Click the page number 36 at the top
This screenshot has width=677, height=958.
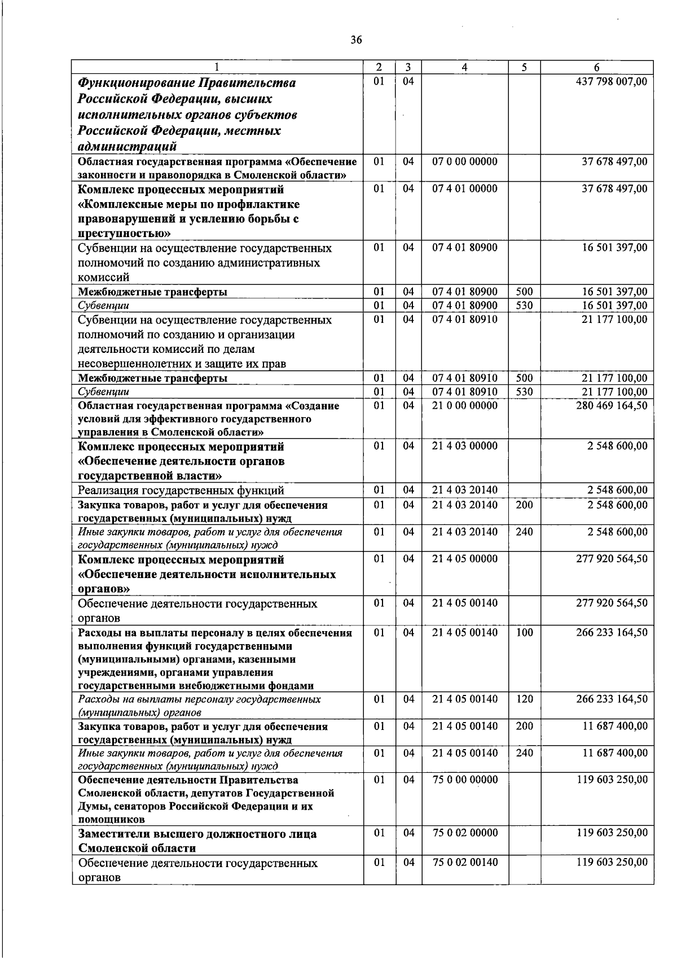pyautogui.click(x=356, y=40)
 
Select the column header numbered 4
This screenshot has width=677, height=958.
pyautogui.click(x=464, y=67)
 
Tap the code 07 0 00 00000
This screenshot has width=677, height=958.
pyautogui.click(x=464, y=161)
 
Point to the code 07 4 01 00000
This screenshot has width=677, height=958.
pyautogui.click(x=464, y=189)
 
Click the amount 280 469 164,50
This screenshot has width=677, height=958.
pyautogui.click(x=612, y=405)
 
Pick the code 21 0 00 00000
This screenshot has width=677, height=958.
pyautogui.click(x=464, y=405)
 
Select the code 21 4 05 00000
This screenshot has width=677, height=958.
pyautogui.click(x=464, y=559)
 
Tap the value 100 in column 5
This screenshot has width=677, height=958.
pyautogui.click(x=524, y=632)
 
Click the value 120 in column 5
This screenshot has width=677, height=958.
pyautogui.click(x=524, y=699)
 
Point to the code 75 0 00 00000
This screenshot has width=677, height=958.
pyautogui.click(x=464, y=780)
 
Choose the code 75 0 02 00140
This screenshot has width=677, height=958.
pyautogui.click(x=464, y=863)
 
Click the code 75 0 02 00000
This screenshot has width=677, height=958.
pyautogui.click(x=464, y=833)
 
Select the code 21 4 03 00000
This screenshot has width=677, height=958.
pyautogui.click(x=464, y=446)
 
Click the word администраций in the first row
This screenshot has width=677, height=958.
pyautogui.click(x=128, y=147)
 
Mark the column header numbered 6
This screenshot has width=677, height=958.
pyautogui.click(x=596, y=67)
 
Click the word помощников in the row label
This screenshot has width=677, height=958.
pyautogui.click(x=111, y=819)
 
